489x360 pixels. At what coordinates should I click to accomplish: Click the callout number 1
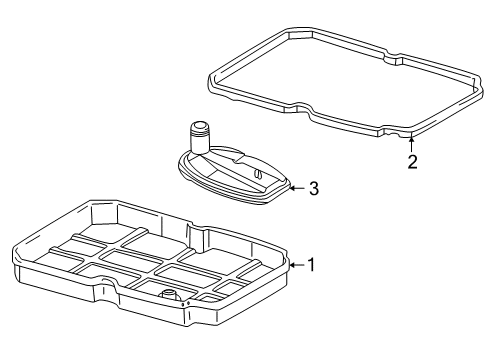click(311, 265)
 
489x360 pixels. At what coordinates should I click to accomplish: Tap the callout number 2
click(412, 162)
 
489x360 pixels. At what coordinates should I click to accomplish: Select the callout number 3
click(314, 188)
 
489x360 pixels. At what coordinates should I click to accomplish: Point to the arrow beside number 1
click(297, 265)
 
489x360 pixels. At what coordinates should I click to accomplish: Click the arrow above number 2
click(412, 144)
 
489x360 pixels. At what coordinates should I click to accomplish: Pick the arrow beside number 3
click(297, 188)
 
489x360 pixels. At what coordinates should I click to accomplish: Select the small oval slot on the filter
click(258, 174)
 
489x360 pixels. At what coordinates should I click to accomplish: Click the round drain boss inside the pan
click(170, 295)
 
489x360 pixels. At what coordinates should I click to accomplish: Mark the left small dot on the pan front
click(183, 304)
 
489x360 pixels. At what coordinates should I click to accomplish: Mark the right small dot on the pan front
click(188, 303)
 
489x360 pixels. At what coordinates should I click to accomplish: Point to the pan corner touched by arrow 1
click(287, 263)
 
